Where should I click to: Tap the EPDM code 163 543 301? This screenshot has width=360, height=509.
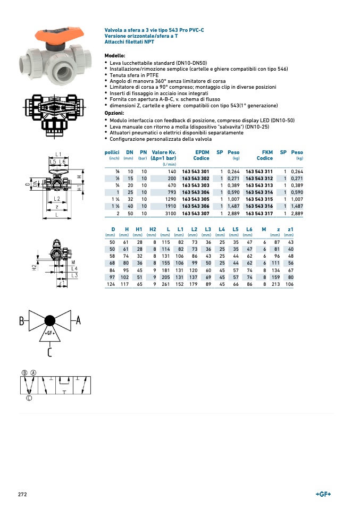[x=195, y=172]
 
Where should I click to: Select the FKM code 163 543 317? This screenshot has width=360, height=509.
[x=259, y=213]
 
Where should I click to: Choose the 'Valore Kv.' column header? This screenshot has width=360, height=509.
[x=164, y=152]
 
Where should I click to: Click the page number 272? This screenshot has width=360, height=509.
[x=22, y=495]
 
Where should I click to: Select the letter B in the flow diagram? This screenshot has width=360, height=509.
[x=22, y=321]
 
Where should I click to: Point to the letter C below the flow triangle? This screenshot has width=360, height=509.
[x=49, y=352]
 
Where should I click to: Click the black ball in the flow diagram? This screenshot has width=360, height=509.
[x=50, y=320]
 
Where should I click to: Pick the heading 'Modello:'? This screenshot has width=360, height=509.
[x=115, y=56]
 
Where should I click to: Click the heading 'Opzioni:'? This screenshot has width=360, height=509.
[x=114, y=113]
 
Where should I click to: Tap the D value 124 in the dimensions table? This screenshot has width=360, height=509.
[x=111, y=284]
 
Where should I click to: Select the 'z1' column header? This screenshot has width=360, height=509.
[x=290, y=229]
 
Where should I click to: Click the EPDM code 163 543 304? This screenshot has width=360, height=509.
[x=195, y=192]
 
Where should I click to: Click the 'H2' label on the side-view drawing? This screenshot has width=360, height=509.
[x=34, y=267]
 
